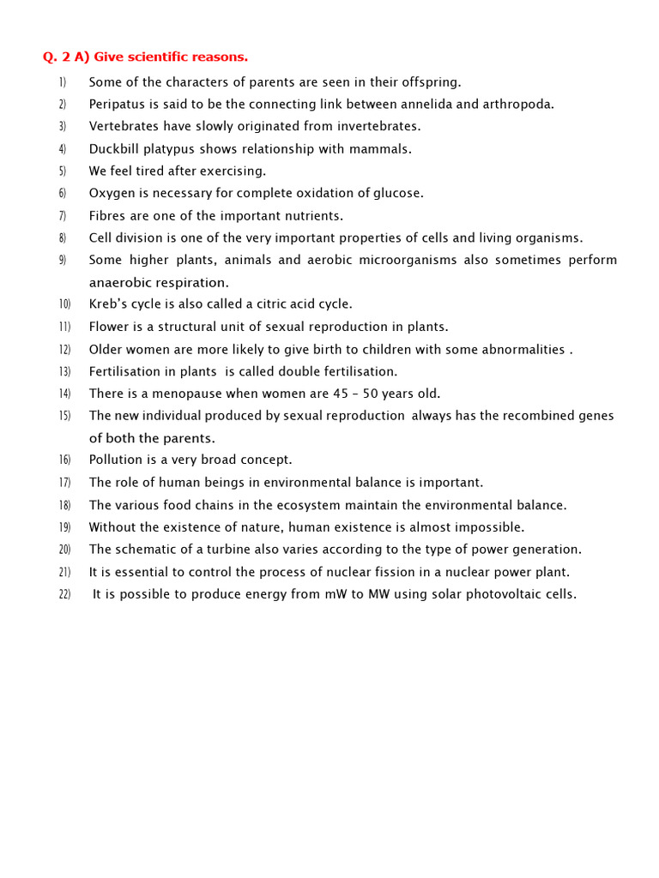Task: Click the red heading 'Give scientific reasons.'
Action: tap(170, 57)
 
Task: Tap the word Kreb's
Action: tap(107, 304)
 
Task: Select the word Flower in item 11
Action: tap(109, 327)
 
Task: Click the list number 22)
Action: tap(64, 595)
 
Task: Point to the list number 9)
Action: tap(63, 261)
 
